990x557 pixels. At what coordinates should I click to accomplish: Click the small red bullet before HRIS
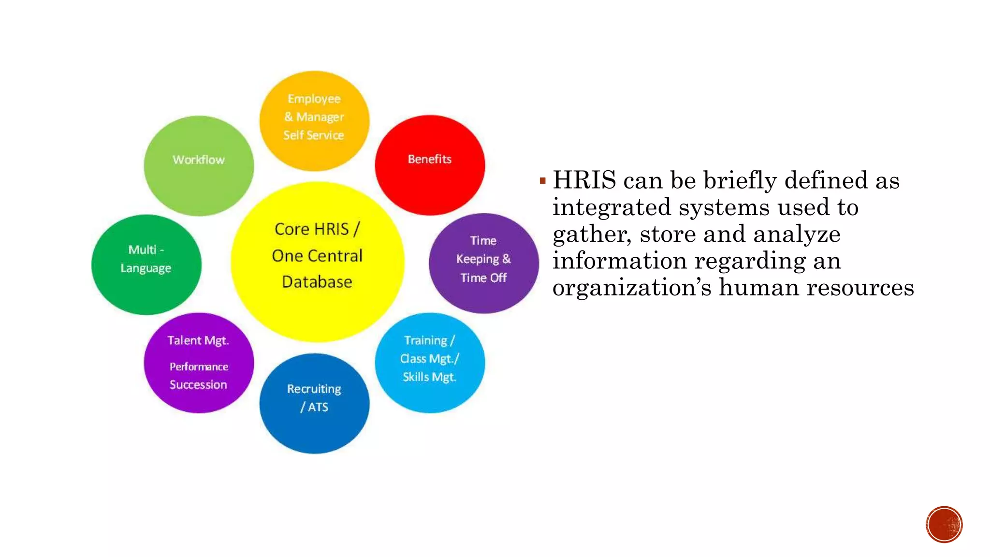coord(542,181)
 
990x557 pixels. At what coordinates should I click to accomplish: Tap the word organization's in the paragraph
coord(632,288)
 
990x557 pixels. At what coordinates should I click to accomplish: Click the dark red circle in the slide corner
coord(944,525)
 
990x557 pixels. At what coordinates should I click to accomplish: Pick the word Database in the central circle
coord(317,282)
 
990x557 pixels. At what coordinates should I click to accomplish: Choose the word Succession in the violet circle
coord(198,385)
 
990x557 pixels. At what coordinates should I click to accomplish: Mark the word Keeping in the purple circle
coord(477,259)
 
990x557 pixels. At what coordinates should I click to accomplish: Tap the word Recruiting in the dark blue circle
coord(314,389)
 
